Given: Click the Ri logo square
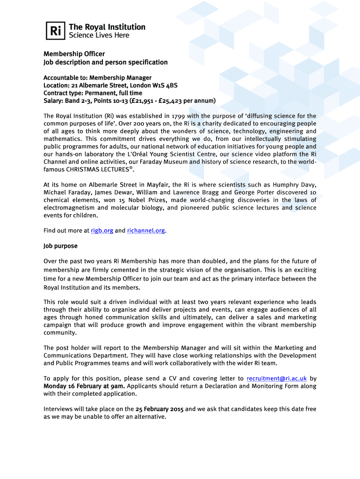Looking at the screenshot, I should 55,31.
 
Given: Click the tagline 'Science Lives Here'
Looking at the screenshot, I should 99,36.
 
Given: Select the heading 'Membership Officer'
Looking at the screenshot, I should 74,54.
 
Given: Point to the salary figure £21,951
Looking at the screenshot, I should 148,101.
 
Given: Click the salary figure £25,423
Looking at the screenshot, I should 179,101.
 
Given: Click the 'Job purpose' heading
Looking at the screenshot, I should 61,246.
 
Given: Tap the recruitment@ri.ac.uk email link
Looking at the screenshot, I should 276,378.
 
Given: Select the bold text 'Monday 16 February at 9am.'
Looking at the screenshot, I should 84,386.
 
